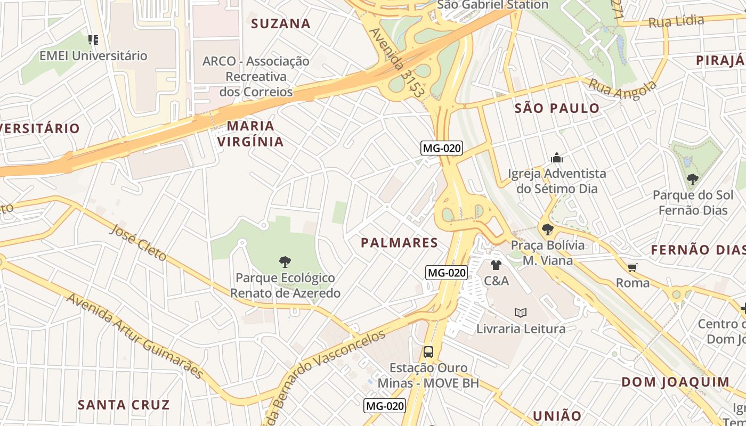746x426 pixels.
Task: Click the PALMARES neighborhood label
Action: (399, 243)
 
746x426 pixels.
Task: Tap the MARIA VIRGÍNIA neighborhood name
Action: (250, 134)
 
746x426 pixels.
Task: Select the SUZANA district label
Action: (280, 23)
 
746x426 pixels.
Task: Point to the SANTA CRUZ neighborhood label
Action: (124, 405)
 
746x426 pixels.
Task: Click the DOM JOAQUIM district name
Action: (675, 382)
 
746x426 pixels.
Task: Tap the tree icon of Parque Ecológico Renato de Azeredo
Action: (285, 261)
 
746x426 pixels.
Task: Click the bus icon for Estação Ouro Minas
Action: (428, 351)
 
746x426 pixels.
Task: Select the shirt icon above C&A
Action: (496, 265)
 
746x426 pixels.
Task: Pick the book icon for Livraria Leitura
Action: (521, 313)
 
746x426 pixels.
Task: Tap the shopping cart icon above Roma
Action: (633, 267)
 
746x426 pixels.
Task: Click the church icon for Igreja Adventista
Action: (557, 158)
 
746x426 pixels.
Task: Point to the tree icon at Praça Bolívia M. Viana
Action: (547, 230)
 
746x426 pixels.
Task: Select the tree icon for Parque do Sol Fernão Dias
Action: (692, 179)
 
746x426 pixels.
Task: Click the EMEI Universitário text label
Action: (93, 55)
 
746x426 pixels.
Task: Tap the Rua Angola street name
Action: (622, 88)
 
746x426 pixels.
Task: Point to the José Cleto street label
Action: (138, 242)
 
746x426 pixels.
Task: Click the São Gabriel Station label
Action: (492, 5)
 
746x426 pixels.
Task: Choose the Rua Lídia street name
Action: (676, 21)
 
